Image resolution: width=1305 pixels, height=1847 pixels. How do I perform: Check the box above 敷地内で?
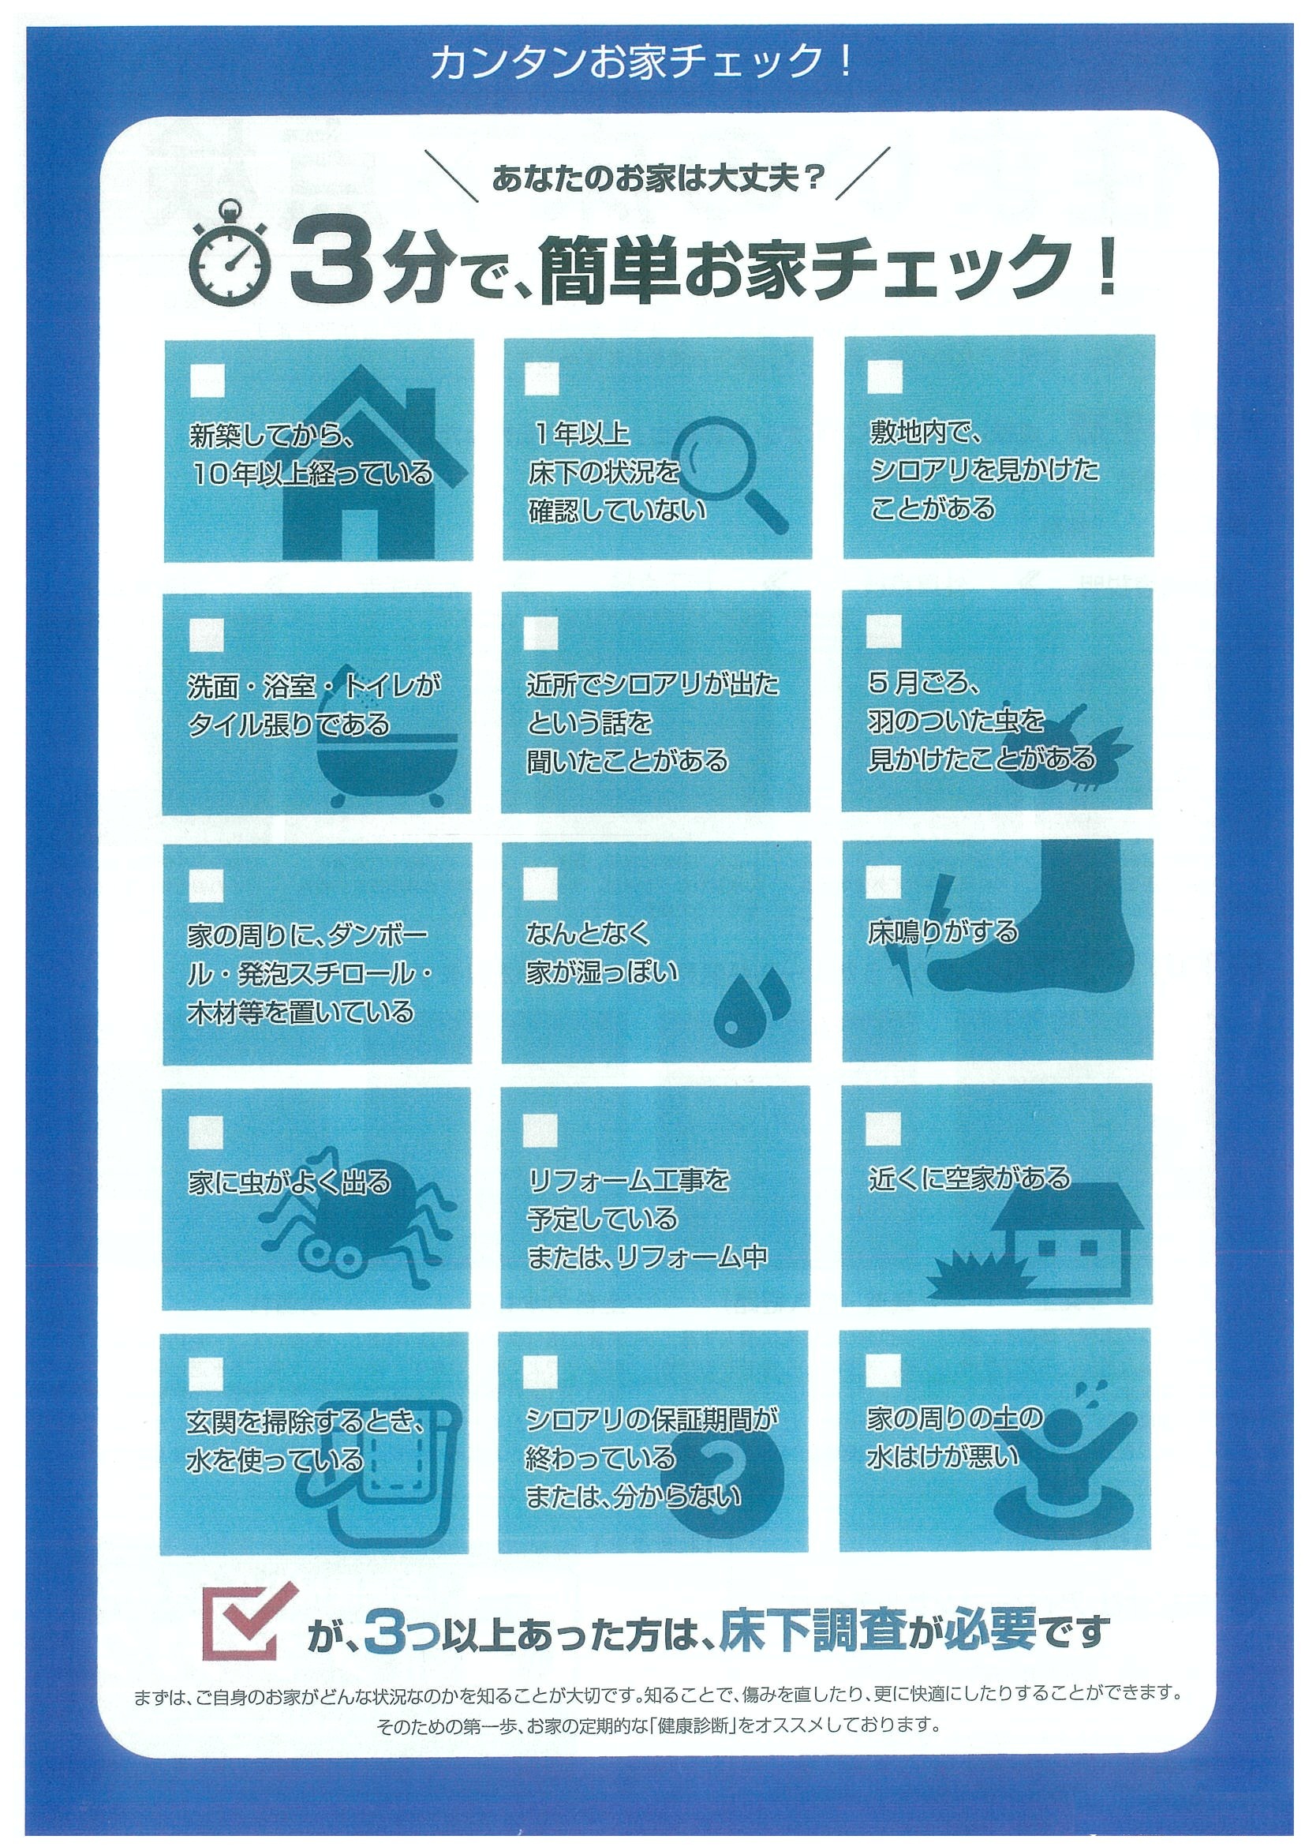click(885, 377)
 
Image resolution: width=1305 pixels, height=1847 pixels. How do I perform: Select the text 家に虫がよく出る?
click(290, 1182)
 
